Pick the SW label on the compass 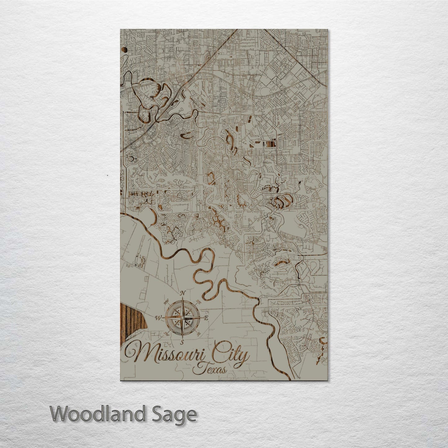click(x=166, y=334)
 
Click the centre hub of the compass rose click(x=183, y=318)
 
